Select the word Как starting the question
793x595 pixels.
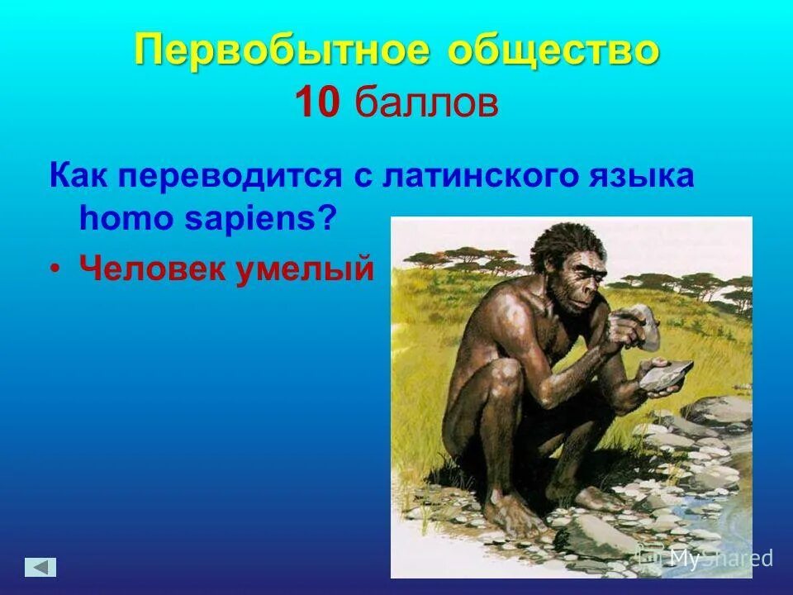click(79, 178)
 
